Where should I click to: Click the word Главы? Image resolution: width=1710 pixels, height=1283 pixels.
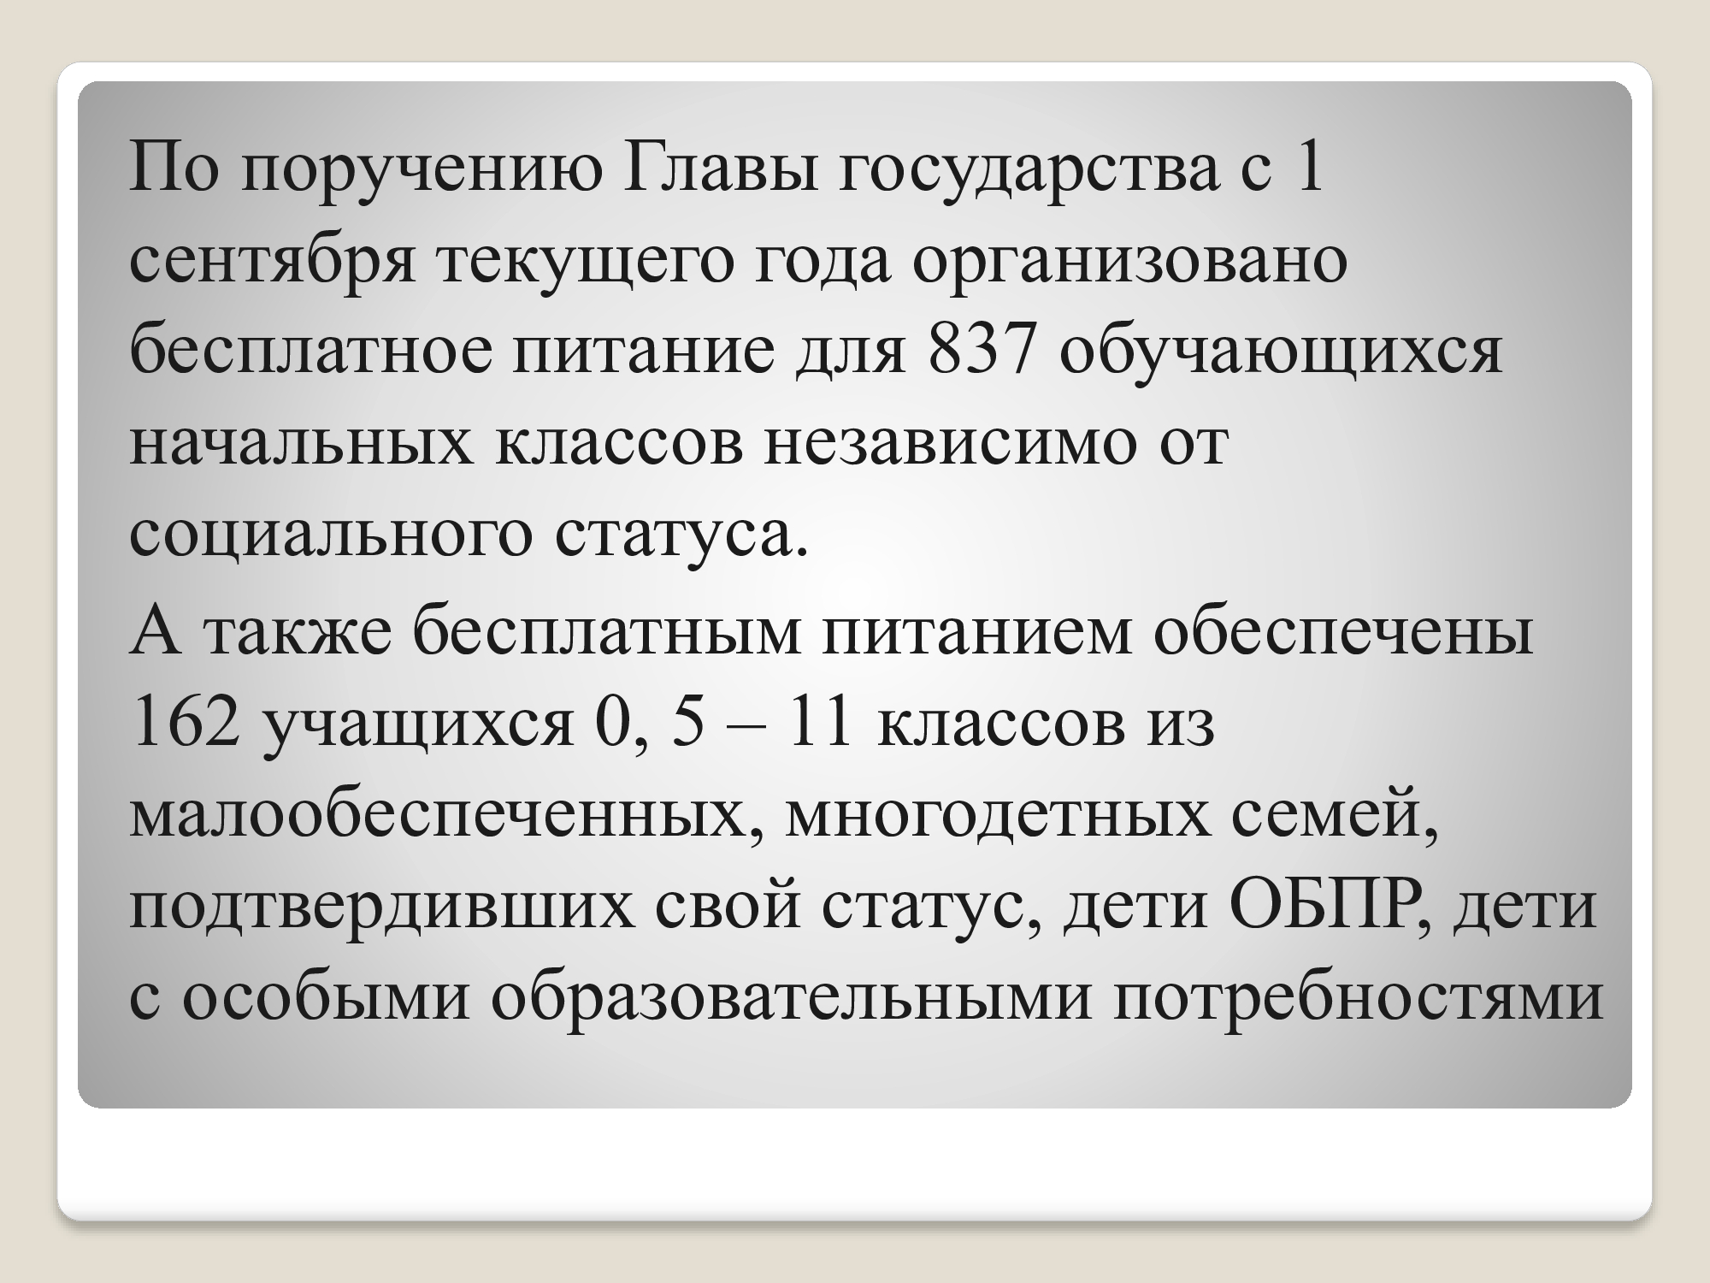point(713,169)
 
